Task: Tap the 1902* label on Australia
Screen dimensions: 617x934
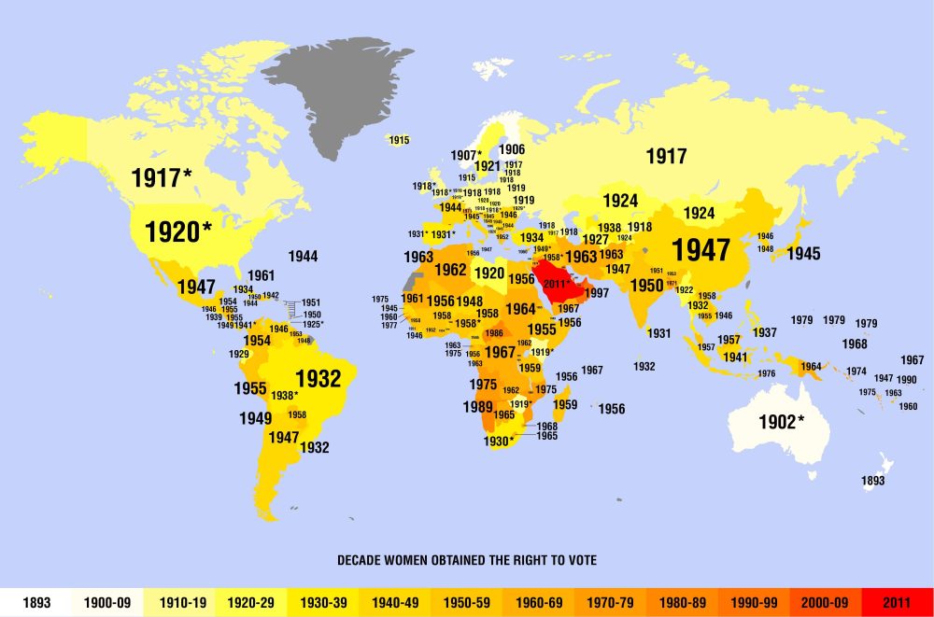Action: tap(781, 422)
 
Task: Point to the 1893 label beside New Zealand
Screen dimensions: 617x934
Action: tap(873, 481)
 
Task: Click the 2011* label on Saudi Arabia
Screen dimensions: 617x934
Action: tap(557, 282)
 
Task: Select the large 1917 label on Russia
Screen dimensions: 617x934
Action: tap(665, 157)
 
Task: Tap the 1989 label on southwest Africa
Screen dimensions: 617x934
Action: tap(478, 407)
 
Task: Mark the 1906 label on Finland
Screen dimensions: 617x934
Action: tap(511, 149)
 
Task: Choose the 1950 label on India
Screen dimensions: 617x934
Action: tap(645, 286)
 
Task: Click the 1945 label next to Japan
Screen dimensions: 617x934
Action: tap(803, 253)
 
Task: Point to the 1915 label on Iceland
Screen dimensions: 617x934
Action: tap(399, 140)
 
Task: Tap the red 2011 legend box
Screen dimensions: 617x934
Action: tap(898, 603)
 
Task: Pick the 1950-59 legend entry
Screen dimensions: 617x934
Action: tap(467, 603)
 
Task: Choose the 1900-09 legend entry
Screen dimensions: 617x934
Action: tap(107, 603)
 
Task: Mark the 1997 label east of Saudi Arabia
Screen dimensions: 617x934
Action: tap(597, 293)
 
